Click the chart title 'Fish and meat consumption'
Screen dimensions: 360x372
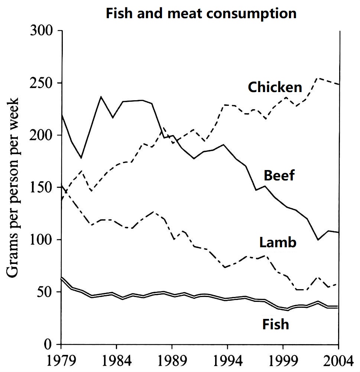(201, 14)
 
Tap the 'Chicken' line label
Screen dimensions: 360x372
(275, 87)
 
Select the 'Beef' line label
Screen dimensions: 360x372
(279, 175)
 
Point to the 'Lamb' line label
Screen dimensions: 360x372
(278, 242)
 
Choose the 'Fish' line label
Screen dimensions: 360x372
(275, 324)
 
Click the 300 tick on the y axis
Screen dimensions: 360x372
(41, 31)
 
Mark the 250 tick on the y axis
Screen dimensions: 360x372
(41, 83)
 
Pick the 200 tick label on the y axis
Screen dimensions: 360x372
(41, 136)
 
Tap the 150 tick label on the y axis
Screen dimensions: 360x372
(41, 187)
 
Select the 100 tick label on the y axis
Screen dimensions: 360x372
(41, 240)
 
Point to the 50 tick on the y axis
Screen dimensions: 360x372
(45, 292)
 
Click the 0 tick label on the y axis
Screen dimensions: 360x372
(48, 345)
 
